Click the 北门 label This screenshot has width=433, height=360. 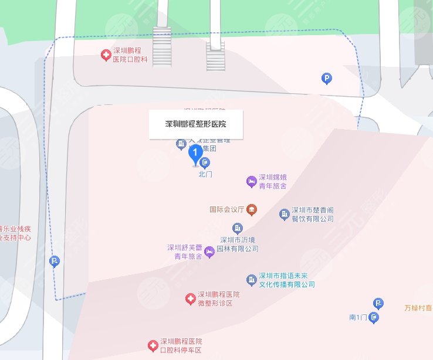point(205,174)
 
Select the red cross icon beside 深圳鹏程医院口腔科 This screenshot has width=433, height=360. point(106,56)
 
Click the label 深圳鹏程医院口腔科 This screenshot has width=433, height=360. point(130,56)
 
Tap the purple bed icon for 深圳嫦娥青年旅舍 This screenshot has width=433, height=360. point(251,181)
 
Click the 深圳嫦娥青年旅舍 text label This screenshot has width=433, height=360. point(273,181)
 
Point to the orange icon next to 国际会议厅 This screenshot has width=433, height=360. point(251,209)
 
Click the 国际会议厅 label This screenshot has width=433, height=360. point(227,209)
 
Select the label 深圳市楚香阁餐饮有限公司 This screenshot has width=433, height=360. point(313,215)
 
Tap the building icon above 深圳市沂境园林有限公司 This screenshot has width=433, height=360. point(238,227)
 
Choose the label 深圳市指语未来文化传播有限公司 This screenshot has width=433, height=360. point(287,280)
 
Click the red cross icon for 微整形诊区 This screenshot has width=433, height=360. point(190,299)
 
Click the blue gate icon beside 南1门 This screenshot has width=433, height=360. point(374,318)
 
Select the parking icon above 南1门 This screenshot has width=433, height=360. point(379,303)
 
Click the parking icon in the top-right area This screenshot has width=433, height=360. point(326,78)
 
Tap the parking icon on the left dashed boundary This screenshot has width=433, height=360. point(55,261)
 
